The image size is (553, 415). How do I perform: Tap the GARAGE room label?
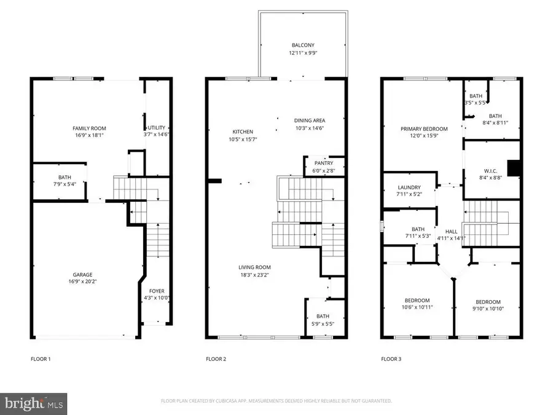pyautogui.click(x=84, y=275)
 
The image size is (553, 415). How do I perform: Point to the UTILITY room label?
pyautogui.click(x=157, y=127)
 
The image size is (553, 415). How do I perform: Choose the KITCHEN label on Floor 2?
pyautogui.click(x=242, y=132)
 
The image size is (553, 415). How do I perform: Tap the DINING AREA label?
pyautogui.click(x=309, y=121)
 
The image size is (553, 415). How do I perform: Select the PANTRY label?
pyautogui.click(x=324, y=163)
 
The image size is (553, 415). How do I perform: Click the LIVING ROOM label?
pyautogui.click(x=254, y=267)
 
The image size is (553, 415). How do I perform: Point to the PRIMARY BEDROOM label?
pyautogui.click(x=424, y=128)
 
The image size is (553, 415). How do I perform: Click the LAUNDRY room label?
pyautogui.click(x=409, y=188)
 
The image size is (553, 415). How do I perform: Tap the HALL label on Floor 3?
pyautogui.click(x=451, y=231)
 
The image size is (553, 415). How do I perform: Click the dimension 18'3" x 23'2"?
pyautogui.click(x=254, y=275)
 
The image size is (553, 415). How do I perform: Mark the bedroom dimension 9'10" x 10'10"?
pyautogui.click(x=488, y=308)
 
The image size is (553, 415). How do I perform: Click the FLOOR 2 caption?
pyautogui.click(x=216, y=358)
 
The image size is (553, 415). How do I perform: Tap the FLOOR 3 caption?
pyautogui.click(x=391, y=358)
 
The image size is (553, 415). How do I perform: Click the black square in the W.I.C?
pyautogui.click(x=512, y=168)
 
